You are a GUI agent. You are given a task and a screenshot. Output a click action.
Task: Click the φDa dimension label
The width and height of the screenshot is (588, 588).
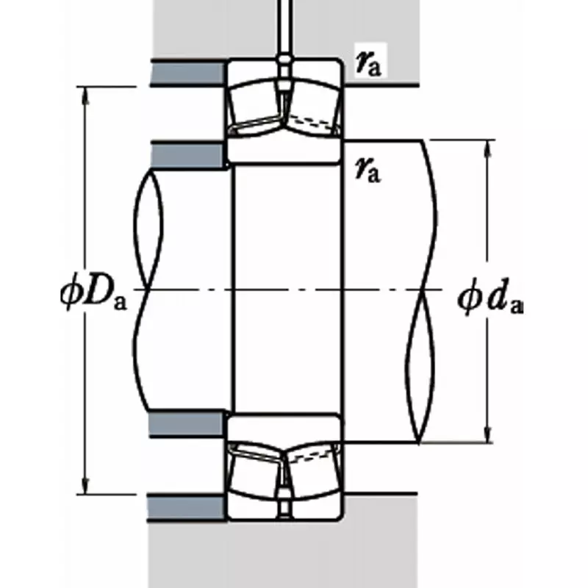point(93,293)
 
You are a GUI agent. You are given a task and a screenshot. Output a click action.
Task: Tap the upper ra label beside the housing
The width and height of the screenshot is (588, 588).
point(367,65)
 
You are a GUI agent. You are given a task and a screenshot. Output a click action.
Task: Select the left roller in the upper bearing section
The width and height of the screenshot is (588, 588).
point(254,107)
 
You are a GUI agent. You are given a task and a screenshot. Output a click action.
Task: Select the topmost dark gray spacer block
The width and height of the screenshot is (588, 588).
point(187,72)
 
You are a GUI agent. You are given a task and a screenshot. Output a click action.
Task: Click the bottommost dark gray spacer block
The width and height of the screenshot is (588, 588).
point(187,507)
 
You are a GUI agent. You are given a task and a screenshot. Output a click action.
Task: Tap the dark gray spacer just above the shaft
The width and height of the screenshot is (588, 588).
point(187,155)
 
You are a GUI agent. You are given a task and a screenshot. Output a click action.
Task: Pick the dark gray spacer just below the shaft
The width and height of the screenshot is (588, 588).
point(187,423)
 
